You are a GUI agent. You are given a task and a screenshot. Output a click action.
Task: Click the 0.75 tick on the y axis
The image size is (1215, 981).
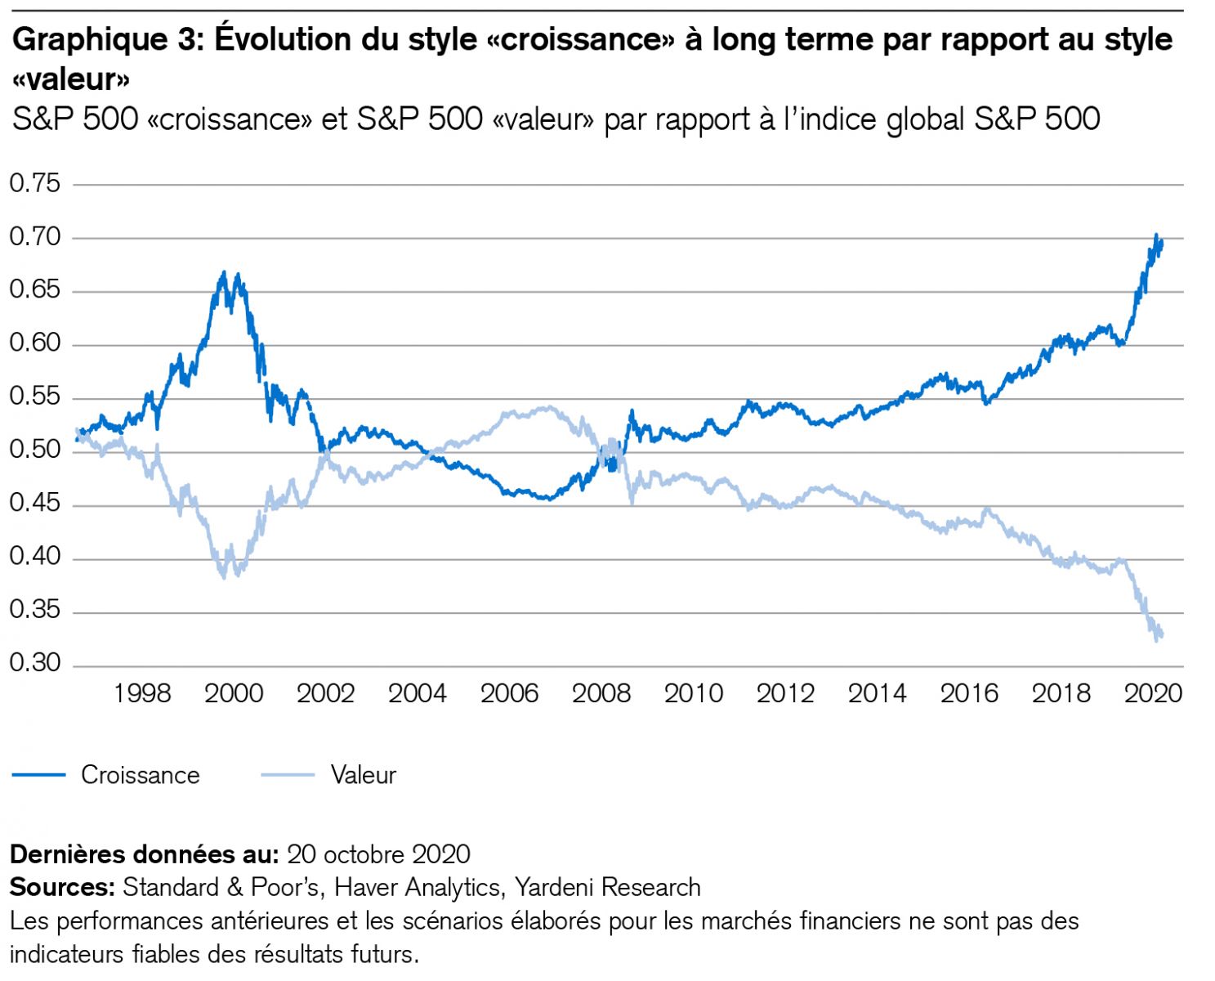[x=35, y=183]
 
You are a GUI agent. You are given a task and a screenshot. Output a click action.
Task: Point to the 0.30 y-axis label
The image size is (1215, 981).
[x=35, y=662]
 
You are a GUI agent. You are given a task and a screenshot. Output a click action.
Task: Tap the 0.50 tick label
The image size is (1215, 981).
[x=35, y=450]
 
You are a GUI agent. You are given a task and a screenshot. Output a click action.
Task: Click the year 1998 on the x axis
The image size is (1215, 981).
[x=142, y=693]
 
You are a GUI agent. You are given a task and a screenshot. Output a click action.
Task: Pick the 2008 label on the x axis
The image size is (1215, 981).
[x=601, y=693]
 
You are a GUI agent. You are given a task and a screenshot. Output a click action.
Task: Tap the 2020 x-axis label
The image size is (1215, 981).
[x=1153, y=693]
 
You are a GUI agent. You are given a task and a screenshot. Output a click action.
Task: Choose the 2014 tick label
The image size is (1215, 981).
[x=877, y=693]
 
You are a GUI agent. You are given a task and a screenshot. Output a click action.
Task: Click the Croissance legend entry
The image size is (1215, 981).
[x=140, y=775]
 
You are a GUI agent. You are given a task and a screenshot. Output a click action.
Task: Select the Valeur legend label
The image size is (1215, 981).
[x=363, y=775]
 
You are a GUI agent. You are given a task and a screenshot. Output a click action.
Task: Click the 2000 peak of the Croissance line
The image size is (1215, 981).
[x=223, y=272]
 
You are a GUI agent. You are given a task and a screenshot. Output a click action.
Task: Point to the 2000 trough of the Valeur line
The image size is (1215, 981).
[x=224, y=577]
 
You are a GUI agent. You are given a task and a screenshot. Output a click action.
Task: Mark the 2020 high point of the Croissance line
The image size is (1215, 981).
[x=1155, y=235]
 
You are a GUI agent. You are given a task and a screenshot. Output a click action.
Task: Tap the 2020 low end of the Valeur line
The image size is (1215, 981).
[x=1156, y=641]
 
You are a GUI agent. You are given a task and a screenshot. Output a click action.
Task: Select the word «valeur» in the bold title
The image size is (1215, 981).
[x=71, y=79]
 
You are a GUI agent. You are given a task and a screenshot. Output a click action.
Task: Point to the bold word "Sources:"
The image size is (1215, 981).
[x=62, y=887]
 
